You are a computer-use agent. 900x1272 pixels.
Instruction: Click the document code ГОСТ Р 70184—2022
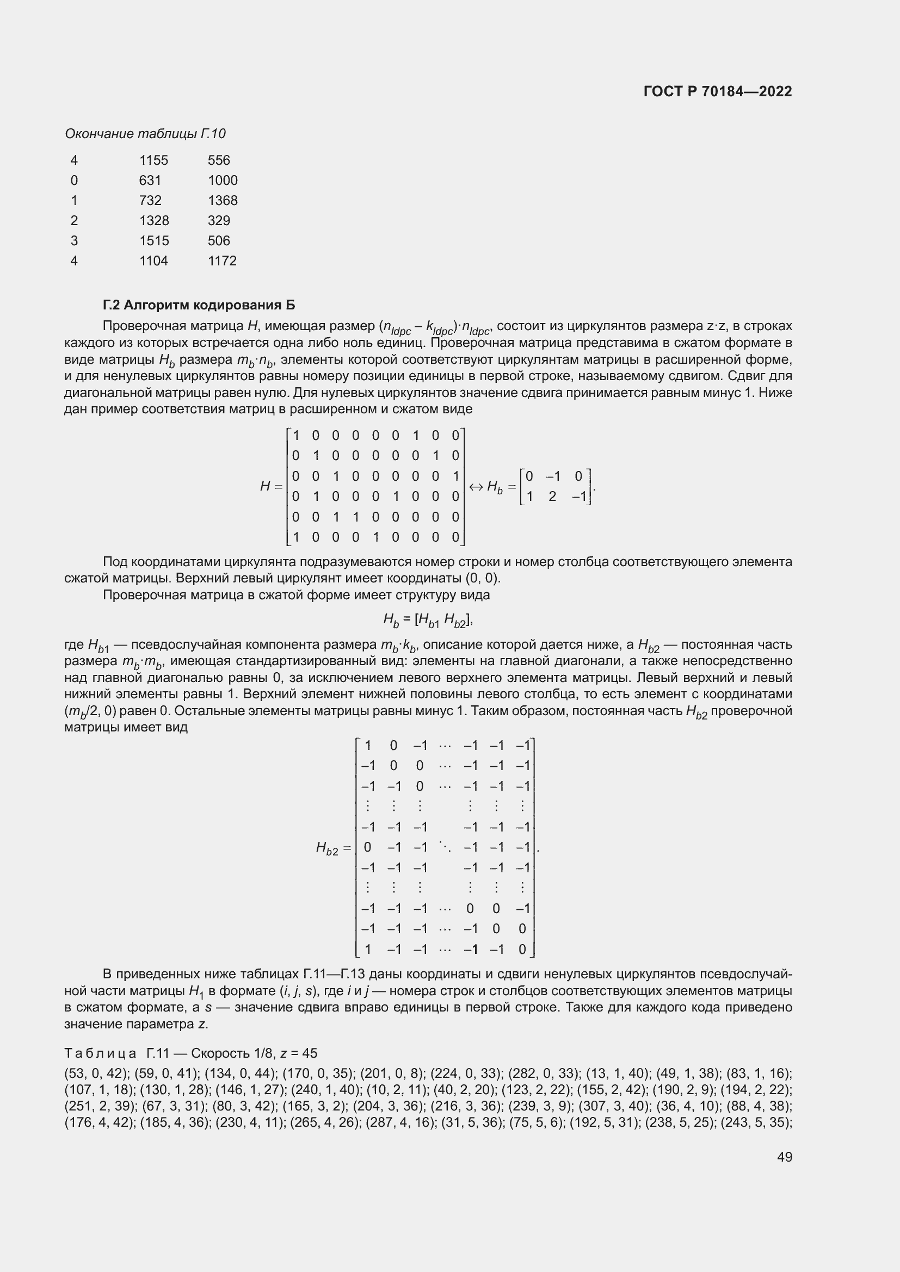(x=718, y=91)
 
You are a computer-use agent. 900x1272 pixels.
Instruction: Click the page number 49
(x=784, y=1157)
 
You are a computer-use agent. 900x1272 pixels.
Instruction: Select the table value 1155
(x=153, y=160)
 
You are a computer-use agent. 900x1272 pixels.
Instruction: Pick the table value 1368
(x=222, y=201)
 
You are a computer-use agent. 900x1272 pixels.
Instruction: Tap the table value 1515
(x=153, y=240)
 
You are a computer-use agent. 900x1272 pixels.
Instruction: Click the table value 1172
(x=222, y=261)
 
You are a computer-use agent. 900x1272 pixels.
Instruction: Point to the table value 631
(x=150, y=181)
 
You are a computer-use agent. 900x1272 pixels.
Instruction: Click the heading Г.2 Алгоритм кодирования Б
(x=199, y=305)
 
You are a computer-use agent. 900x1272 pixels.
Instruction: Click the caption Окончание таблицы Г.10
(x=145, y=134)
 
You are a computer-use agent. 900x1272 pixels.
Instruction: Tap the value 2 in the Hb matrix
(x=552, y=497)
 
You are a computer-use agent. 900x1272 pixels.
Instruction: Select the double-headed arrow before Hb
(x=476, y=487)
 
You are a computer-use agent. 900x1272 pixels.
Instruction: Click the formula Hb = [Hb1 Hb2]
(x=428, y=620)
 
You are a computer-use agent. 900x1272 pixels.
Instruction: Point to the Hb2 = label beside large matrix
(x=333, y=848)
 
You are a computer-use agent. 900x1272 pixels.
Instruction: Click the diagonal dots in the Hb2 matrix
(x=445, y=847)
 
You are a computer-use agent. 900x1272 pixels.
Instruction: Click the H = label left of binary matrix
(x=271, y=486)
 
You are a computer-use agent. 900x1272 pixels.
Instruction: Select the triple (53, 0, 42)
(x=97, y=1074)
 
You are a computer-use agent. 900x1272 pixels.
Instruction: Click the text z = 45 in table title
(x=299, y=1053)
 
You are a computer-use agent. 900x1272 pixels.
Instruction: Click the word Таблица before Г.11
(x=100, y=1053)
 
